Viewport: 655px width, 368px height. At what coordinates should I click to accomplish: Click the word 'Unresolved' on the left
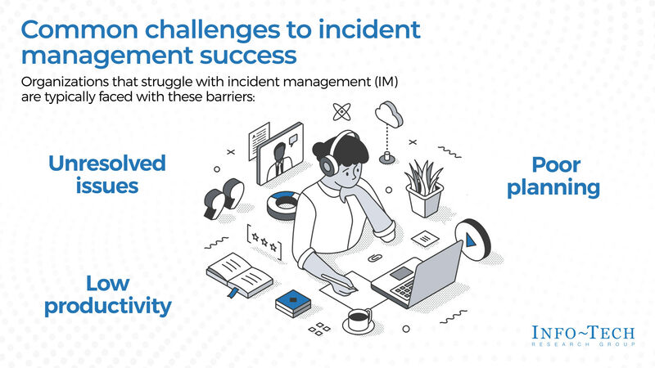(x=107, y=163)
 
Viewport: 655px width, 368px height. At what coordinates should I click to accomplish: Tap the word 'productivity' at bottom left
(x=107, y=307)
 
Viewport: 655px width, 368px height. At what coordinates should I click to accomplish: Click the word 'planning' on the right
(x=553, y=188)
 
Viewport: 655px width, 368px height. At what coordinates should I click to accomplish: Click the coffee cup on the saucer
(x=358, y=318)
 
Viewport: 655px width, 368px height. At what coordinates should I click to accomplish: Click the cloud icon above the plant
(x=389, y=113)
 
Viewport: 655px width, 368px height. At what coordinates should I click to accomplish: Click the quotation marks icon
(x=224, y=197)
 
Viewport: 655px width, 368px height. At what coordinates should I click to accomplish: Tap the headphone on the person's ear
(x=330, y=165)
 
